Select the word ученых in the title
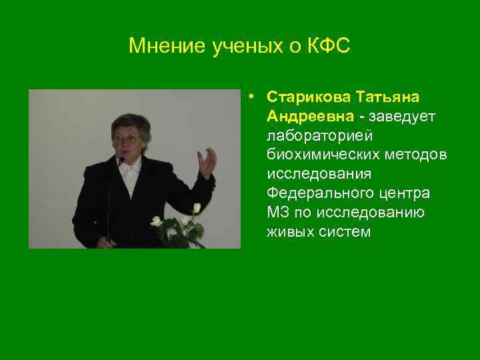coord(234,46)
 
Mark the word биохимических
coord(323,155)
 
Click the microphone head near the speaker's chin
coord(120,160)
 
